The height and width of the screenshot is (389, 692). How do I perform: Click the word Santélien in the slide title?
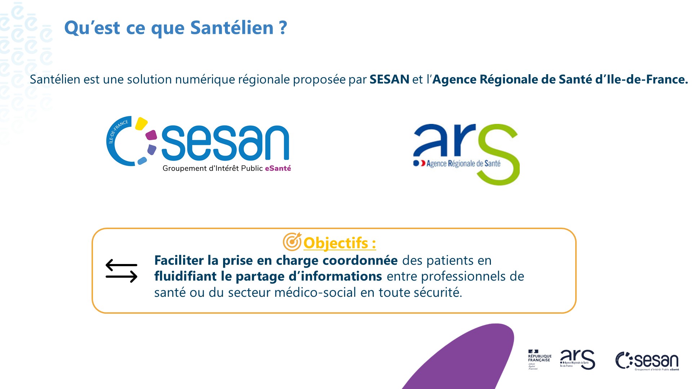click(x=232, y=28)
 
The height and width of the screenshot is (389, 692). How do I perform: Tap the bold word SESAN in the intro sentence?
click(x=389, y=79)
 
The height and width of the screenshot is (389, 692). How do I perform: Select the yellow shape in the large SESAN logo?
click(x=141, y=124)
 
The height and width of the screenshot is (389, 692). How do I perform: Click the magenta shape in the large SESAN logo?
click(x=151, y=135)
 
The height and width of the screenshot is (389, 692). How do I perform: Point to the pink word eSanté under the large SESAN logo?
click(x=278, y=168)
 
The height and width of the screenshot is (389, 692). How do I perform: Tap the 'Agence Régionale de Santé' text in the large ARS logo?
click(x=463, y=164)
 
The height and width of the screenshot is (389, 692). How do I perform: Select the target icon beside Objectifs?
click(x=292, y=242)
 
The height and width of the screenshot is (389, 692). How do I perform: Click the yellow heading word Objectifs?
click(x=336, y=243)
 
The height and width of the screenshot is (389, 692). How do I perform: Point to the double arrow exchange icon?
click(x=121, y=271)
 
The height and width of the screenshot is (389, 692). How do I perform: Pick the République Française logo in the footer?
click(x=539, y=359)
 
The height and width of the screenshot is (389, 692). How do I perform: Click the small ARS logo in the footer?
click(x=577, y=359)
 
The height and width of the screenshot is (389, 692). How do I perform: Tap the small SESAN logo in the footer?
click(x=647, y=361)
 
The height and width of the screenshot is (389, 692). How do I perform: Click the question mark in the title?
click(x=283, y=28)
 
